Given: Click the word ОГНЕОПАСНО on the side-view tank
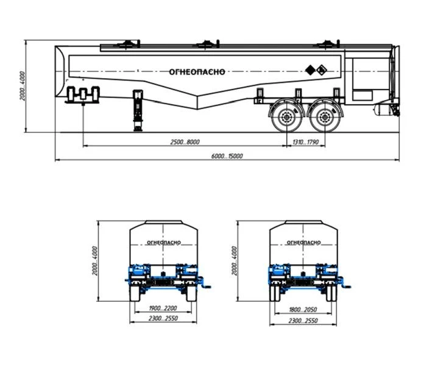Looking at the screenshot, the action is [197, 72].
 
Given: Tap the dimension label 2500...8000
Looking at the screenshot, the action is [185, 142].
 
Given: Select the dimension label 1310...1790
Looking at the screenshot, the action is [306, 142].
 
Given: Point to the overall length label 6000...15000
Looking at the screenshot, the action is [227, 156].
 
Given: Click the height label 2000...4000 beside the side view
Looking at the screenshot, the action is [23, 86].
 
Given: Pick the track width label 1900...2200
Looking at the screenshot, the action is [163, 308].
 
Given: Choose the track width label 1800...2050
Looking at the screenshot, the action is [303, 310].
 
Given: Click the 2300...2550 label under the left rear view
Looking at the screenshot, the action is [163, 318].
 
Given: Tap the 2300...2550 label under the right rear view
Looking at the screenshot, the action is [303, 321].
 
